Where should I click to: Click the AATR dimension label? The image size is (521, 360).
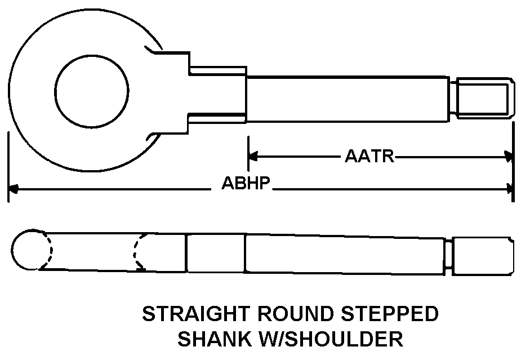coord(369,156)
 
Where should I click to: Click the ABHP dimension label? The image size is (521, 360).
coord(247,184)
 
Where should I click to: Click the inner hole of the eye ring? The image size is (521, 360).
coord(93,90)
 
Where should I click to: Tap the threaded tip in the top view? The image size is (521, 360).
coord(484,99)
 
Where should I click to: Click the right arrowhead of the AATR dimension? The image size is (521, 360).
coord(509,156)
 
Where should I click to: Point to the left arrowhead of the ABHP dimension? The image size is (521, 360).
coord(12,189)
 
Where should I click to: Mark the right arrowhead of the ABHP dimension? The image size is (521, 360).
coord(509,189)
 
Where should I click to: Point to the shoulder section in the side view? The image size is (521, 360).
coord(215,254)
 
